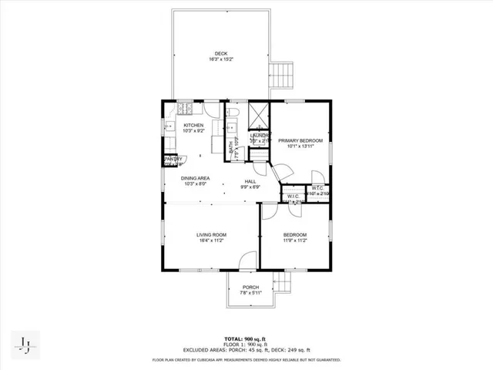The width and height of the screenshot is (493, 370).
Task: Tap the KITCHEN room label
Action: click(x=193, y=126)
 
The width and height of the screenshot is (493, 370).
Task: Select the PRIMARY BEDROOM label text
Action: click(x=300, y=140)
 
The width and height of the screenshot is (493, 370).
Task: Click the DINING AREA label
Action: click(x=197, y=178)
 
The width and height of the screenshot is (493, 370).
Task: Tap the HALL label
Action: click(x=250, y=181)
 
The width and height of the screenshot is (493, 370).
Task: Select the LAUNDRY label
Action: click(x=260, y=136)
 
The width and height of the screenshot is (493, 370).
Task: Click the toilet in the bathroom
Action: click(x=235, y=116)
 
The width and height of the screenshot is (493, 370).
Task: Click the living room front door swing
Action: click(x=247, y=261)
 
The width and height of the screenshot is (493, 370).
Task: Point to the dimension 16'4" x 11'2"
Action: click(x=210, y=240)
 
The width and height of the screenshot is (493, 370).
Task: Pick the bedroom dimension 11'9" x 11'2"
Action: click(x=295, y=240)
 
